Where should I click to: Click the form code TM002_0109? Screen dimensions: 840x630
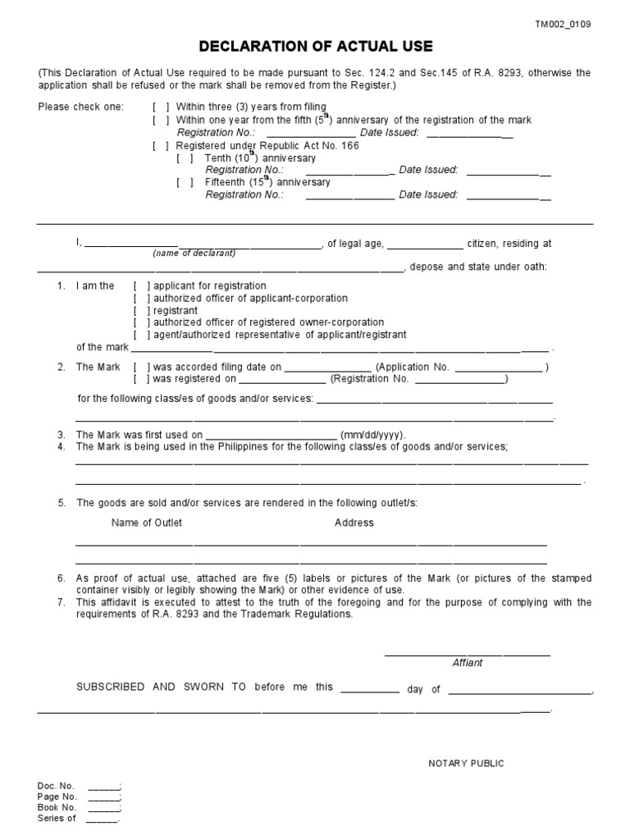pos(563,25)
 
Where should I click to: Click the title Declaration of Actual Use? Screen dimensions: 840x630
pos(316,47)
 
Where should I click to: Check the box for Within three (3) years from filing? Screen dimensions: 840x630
pos(161,107)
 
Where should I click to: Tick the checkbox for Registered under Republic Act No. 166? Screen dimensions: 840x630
pos(161,146)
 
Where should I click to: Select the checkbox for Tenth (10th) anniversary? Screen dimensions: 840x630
pos(185,158)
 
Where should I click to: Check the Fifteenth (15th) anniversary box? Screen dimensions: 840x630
pos(185,183)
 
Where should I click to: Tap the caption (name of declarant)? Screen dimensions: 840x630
pos(194,253)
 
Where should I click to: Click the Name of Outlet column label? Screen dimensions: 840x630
pos(147,523)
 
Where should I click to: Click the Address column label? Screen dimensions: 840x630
pos(354,523)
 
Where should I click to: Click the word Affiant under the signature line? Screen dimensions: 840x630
pos(468,663)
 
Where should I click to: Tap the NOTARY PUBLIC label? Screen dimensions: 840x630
pos(466,764)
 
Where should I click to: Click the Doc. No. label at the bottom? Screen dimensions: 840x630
pos(56,786)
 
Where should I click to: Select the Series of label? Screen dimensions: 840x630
pos(57,818)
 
